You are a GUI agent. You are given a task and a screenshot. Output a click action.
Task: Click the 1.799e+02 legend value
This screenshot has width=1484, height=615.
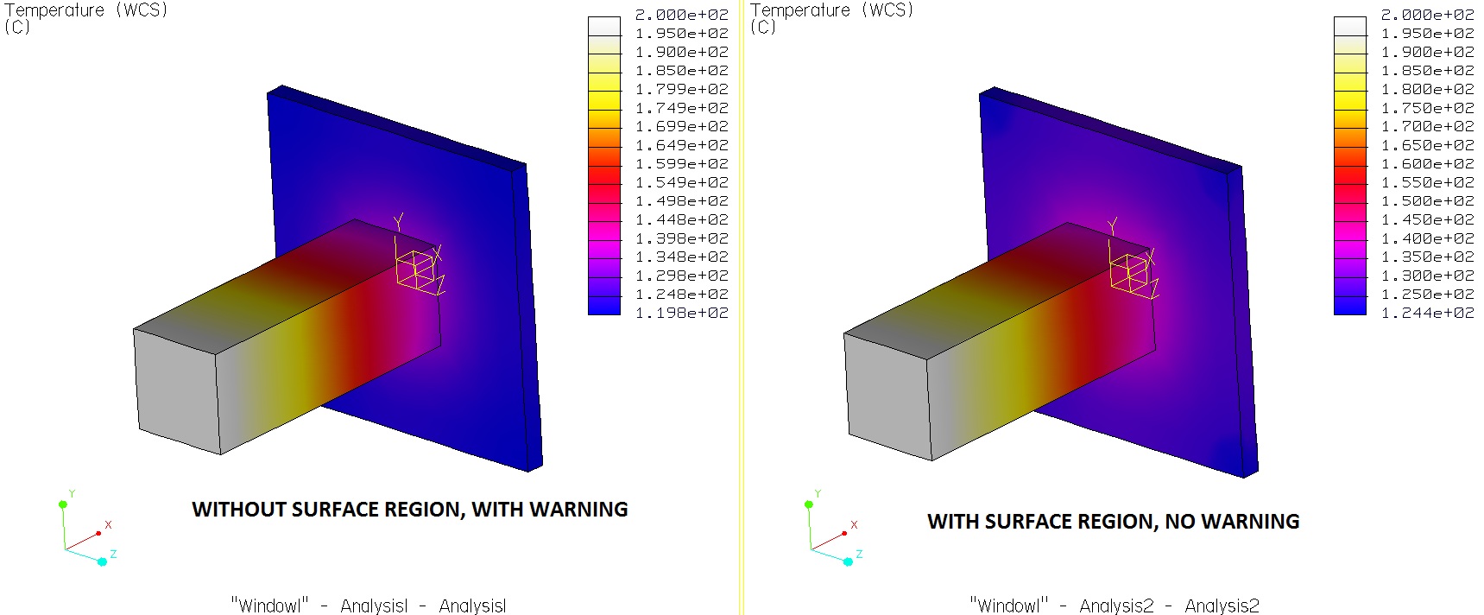[682, 89]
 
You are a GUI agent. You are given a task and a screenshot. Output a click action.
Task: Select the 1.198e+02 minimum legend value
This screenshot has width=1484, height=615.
[682, 313]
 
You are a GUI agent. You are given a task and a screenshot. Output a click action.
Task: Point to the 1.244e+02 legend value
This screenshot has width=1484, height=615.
[1428, 313]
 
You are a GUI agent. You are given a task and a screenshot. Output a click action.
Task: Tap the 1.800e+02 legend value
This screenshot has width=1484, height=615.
[1428, 89]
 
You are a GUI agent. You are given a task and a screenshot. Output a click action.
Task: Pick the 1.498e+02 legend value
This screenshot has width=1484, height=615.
[682, 201]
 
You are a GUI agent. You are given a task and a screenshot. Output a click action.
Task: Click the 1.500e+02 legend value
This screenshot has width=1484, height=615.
[1428, 201]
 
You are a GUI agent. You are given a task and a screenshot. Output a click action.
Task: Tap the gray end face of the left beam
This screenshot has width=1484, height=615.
[178, 390]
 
